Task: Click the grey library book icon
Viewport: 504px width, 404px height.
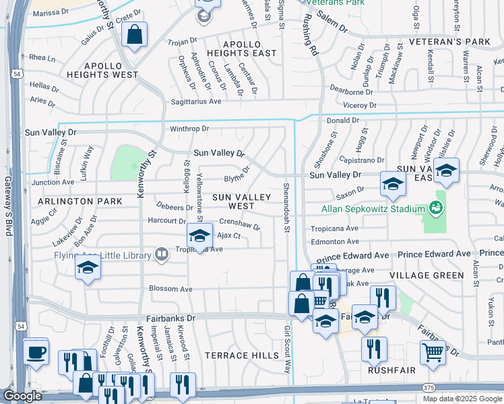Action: pyautogui.click(x=162, y=255)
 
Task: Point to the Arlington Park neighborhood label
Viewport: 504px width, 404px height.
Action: pyautogui.click(x=80, y=201)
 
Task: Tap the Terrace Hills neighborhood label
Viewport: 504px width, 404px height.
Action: pyautogui.click(x=242, y=355)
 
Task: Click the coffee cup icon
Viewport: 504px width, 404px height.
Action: pyautogui.click(x=35, y=351)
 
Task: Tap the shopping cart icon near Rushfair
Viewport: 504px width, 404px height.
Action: pyautogui.click(x=433, y=351)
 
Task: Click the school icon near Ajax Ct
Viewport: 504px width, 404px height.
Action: pyautogui.click(x=199, y=235)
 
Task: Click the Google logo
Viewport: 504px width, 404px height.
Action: pyautogui.click(x=22, y=396)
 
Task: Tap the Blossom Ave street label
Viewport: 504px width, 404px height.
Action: pyautogui.click(x=171, y=289)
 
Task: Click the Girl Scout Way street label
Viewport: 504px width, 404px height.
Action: pyautogui.click(x=287, y=349)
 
